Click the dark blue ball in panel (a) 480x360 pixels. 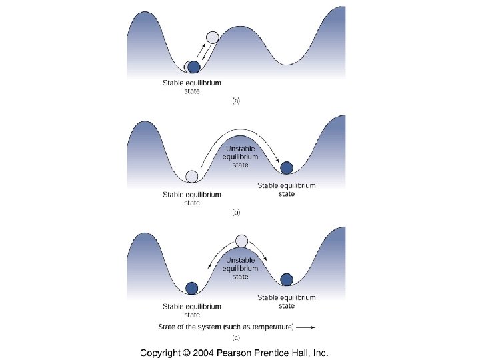pyautogui.click(x=194, y=67)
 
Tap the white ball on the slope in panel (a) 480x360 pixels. pyautogui.click(x=213, y=37)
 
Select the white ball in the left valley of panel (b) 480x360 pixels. pyautogui.click(x=192, y=176)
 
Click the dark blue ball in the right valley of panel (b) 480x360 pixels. pyautogui.click(x=287, y=167)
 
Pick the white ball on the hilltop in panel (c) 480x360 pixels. pyautogui.click(x=242, y=241)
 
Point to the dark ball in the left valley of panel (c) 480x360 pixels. pyautogui.click(x=192, y=288)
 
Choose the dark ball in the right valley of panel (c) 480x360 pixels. pyautogui.click(x=287, y=279)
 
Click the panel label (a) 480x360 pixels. pyautogui.click(x=235, y=101)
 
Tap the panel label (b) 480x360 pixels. pyautogui.click(x=235, y=212)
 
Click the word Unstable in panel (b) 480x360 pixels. pyautogui.click(x=241, y=149)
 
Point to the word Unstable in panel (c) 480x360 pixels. pyautogui.click(x=241, y=260)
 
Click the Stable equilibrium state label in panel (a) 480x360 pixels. pyautogui.click(x=192, y=87)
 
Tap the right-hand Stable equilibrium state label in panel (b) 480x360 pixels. pyautogui.click(x=287, y=189)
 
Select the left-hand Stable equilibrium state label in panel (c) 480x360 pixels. pyautogui.click(x=192, y=310)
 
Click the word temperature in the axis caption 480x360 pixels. pyautogui.click(x=270, y=327)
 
